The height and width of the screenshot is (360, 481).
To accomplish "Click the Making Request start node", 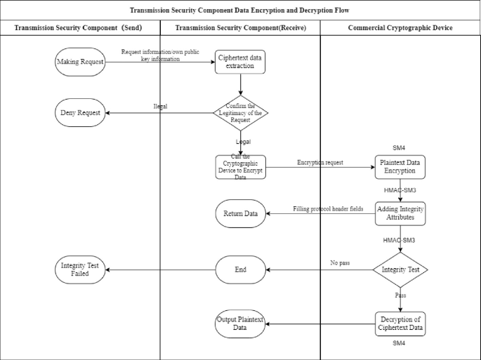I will coord(80,62).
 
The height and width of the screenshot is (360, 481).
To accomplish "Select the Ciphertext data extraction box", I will coord(240,62).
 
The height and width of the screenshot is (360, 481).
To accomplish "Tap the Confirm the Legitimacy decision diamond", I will coord(240,112).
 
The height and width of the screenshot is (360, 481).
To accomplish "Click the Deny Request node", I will coord(80,112).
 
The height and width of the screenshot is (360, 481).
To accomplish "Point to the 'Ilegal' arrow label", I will coord(161,107).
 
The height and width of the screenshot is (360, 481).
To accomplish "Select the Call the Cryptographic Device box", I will coord(240,167).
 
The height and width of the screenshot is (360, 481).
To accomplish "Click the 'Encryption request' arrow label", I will coord(320,162).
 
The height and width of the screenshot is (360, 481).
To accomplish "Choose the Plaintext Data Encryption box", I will coord(400,167).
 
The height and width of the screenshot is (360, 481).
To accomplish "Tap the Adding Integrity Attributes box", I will coord(400,213).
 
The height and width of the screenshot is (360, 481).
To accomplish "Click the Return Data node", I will coord(240,213).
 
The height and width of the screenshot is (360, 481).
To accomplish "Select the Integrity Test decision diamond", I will coord(400,269).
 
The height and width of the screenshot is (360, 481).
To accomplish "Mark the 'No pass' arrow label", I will coord(341,263).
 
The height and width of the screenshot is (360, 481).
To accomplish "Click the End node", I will coord(240,269).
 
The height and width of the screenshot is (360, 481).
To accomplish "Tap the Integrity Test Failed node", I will coord(80,269).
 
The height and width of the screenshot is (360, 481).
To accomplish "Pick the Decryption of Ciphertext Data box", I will coord(400,323).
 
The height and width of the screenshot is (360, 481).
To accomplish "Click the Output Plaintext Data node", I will coord(240,324).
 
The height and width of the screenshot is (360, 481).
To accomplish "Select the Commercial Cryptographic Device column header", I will coord(400,27).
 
